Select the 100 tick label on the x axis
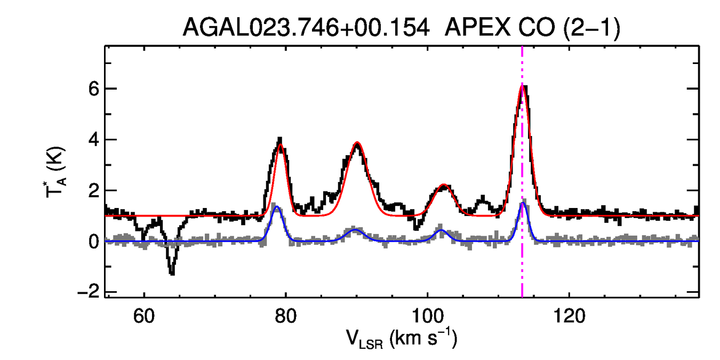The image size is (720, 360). pos(427,317)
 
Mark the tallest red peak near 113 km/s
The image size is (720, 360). pos(522,86)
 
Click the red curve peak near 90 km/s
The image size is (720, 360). pos(357,143)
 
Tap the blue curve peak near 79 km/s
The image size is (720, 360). pos(276,207)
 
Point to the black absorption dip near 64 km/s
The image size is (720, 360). pos(172,273)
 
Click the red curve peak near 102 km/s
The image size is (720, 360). pos(444,185)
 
